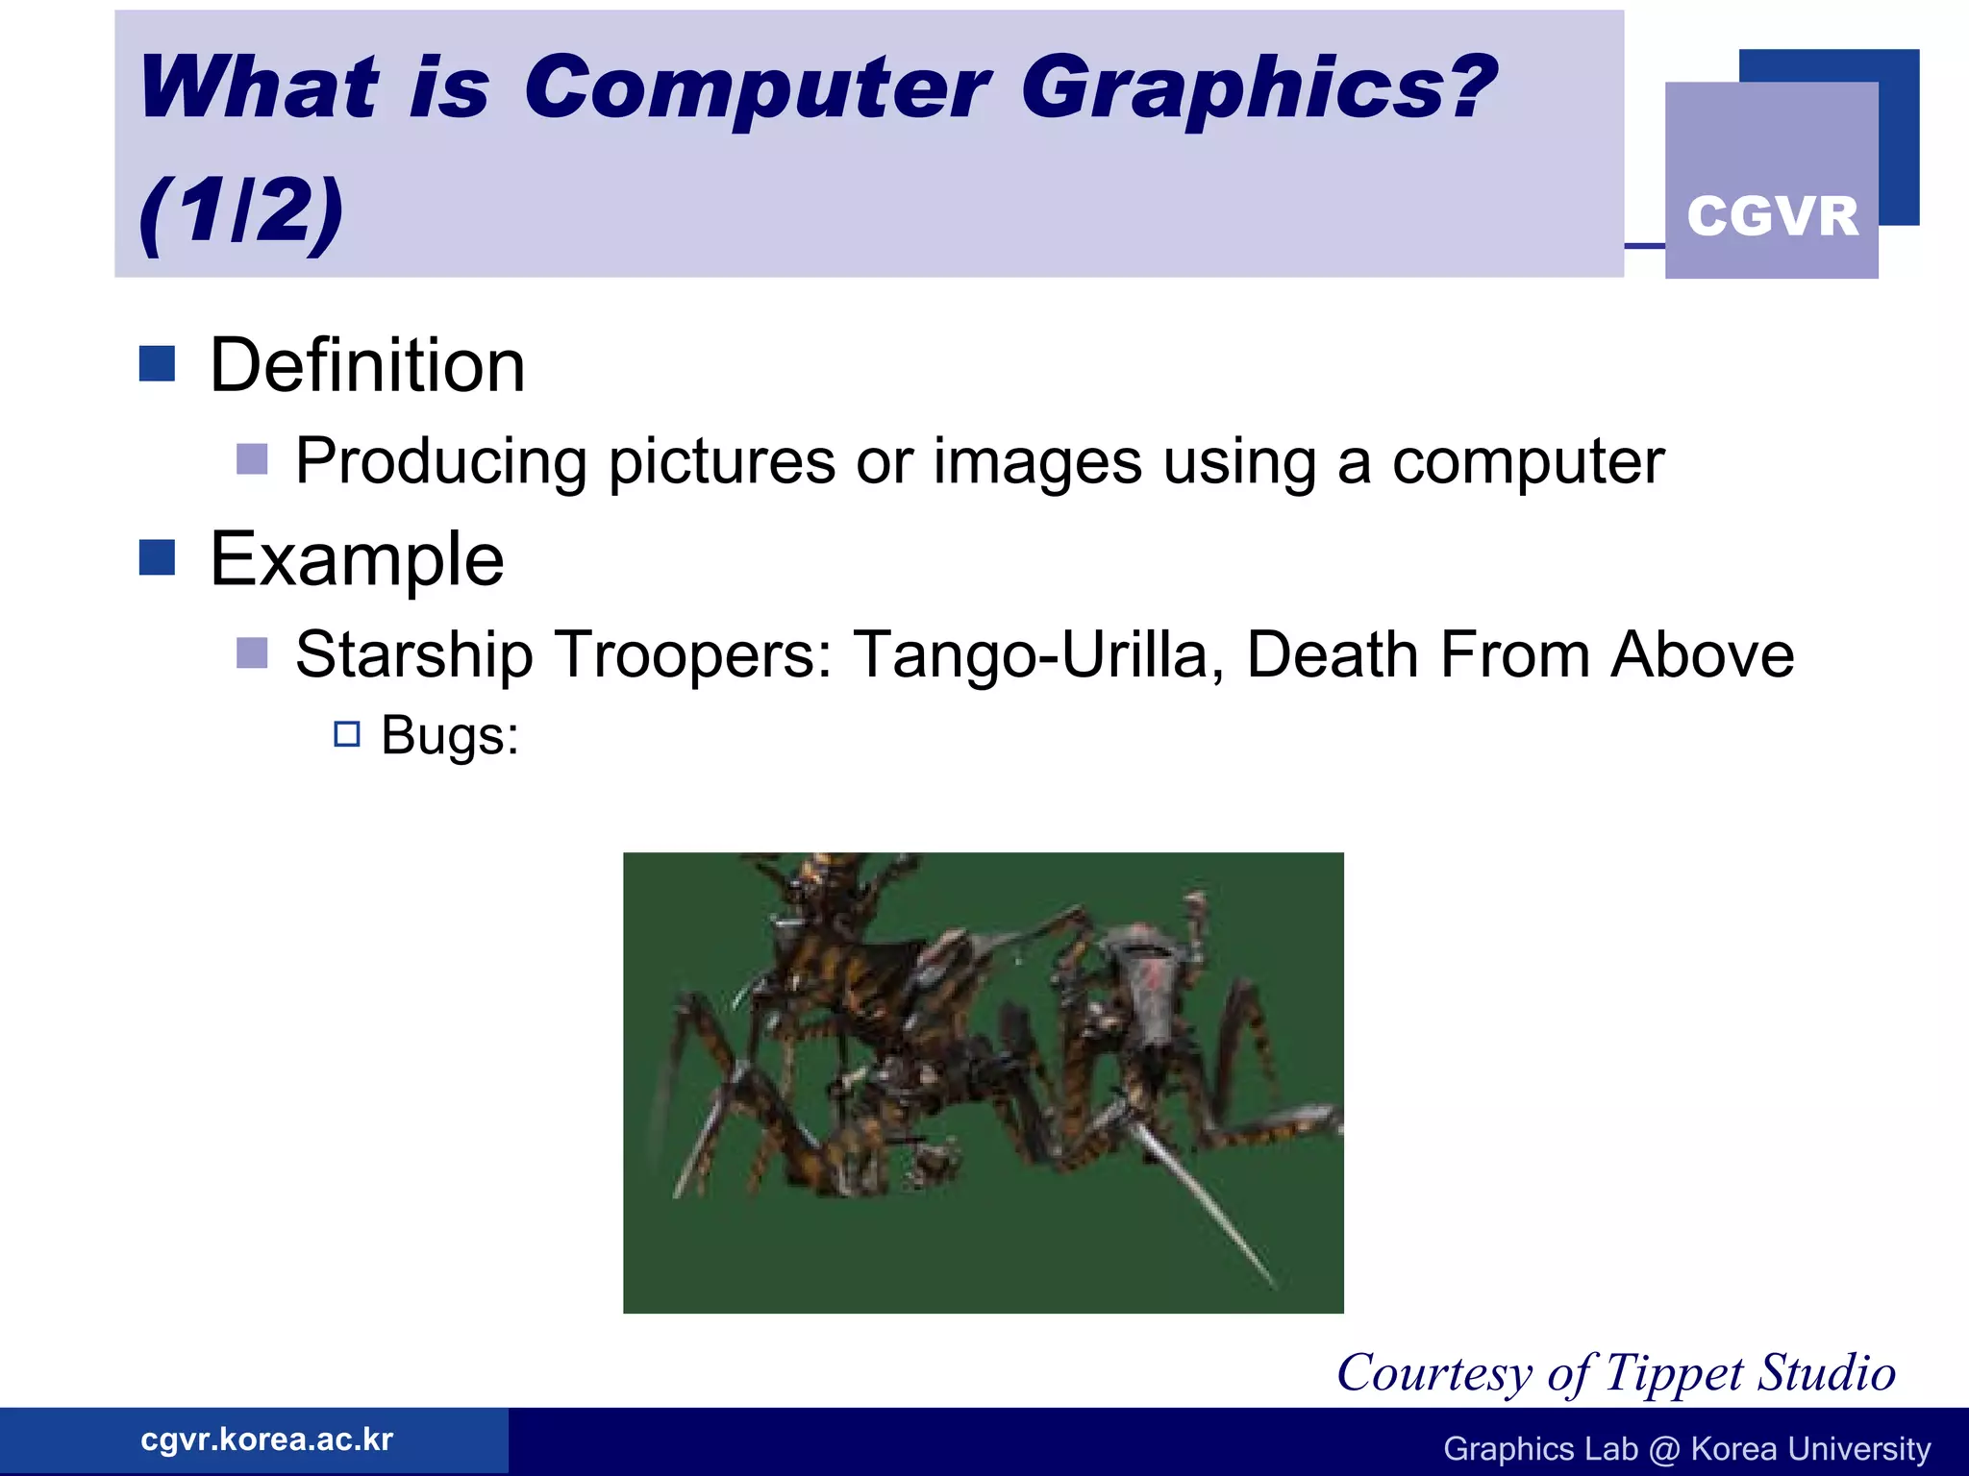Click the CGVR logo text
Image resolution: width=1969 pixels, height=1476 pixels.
[1772, 216]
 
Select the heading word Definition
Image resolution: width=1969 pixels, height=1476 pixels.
[367, 366]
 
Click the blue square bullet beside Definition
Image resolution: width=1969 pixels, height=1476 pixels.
[157, 364]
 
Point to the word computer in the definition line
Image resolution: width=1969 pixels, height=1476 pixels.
[1528, 462]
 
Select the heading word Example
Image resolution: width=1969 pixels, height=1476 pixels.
[357, 559]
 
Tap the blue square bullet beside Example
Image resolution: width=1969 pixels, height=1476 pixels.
[157, 557]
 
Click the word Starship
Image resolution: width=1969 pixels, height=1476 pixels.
[413, 655]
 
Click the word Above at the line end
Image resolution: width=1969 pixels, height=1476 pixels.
[1703, 655]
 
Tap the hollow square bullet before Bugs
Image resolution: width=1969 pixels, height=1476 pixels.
[347, 735]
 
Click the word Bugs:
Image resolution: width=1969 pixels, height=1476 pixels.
[450, 737]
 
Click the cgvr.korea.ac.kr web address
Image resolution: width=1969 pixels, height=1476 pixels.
[266, 1439]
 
